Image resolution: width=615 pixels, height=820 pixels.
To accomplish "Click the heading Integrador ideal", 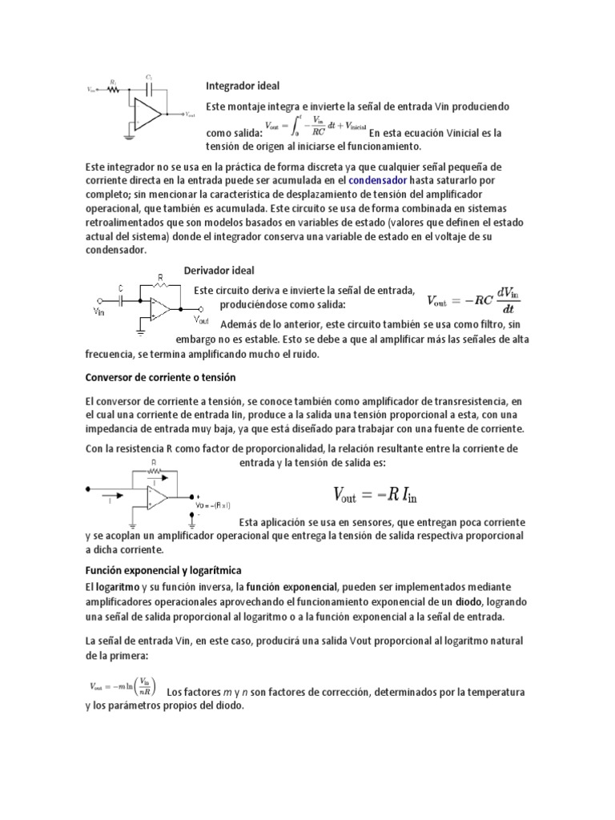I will coord(243,86).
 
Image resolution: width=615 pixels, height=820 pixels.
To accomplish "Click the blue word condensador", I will coord(379,181).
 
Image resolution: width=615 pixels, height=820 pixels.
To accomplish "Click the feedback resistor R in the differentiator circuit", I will coord(163,284).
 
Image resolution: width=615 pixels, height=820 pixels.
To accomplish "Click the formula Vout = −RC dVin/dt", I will coord(469,300).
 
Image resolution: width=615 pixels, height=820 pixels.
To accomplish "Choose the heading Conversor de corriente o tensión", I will coord(160,376).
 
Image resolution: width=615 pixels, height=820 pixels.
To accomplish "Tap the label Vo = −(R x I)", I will coord(214,505).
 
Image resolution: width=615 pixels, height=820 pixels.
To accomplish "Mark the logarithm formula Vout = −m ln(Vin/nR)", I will coord(123,685).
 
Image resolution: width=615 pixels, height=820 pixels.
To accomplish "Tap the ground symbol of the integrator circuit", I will coord(128,137).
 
